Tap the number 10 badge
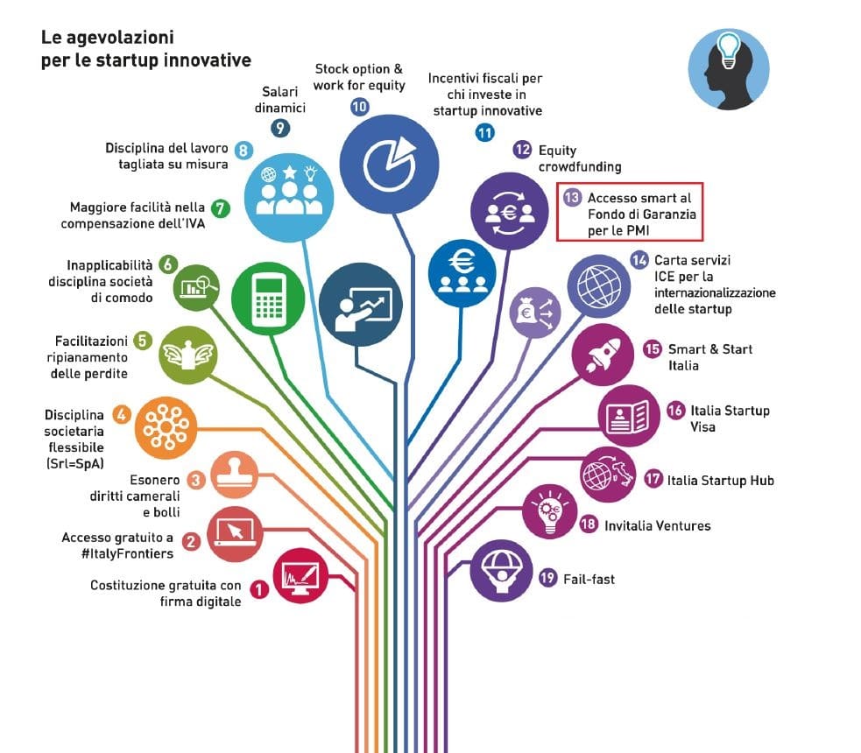[x=359, y=107]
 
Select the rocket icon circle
[x=602, y=355]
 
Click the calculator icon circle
[x=268, y=299]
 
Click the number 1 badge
[x=259, y=590]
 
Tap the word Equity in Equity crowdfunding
[x=557, y=151]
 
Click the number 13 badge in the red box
[x=572, y=199]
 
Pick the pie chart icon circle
[x=389, y=164]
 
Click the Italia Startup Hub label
[x=720, y=480]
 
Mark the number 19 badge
[x=548, y=579]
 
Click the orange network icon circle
[x=164, y=426]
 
